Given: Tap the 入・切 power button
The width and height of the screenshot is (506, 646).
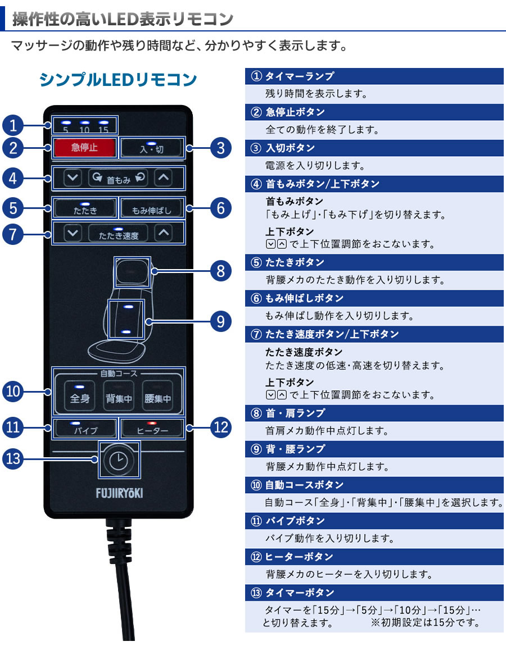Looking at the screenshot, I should click(x=151, y=148).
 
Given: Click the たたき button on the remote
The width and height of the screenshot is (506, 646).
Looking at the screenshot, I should click(x=85, y=208).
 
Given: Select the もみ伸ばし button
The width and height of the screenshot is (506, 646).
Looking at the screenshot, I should click(x=151, y=208).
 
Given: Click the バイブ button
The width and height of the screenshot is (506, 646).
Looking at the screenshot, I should click(x=85, y=429).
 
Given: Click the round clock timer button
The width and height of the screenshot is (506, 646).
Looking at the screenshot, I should click(x=118, y=460).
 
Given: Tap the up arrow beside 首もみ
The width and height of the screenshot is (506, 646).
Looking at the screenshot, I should click(x=163, y=178).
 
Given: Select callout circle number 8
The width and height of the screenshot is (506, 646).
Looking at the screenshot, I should click(x=220, y=271).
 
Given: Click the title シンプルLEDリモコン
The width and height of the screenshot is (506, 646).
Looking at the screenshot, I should click(x=118, y=80).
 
